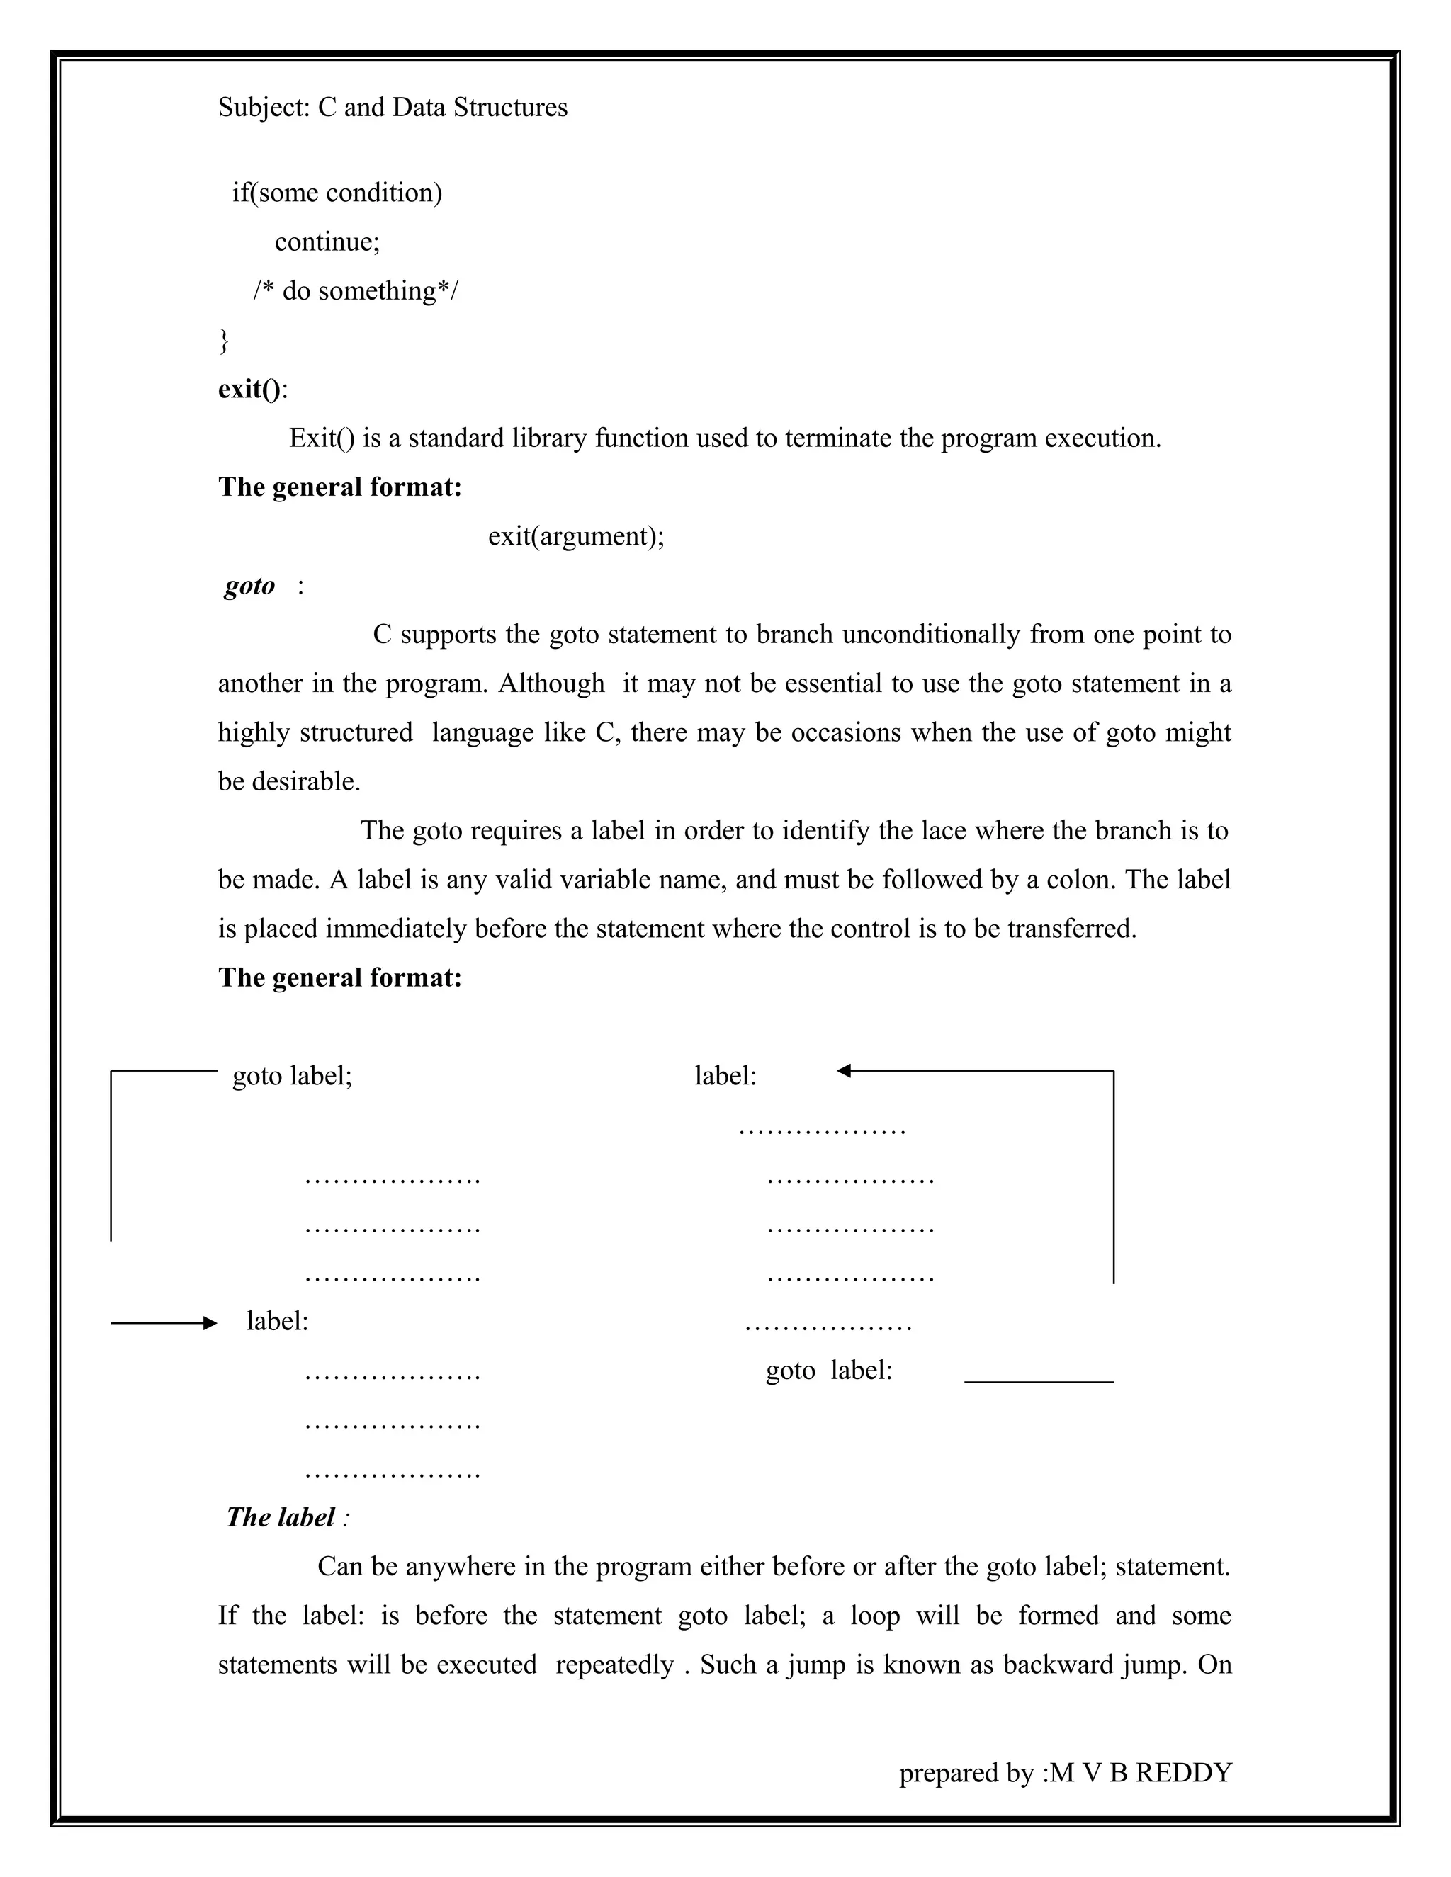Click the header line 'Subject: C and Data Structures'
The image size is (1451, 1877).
click(x=392, y=108)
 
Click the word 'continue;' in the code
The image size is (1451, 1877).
click(x=327, y=242)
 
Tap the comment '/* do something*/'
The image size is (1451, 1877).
click(x=356, y=291)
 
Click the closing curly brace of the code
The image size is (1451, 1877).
click(x=225, y=340)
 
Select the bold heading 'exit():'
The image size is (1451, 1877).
click(x=253, y=390)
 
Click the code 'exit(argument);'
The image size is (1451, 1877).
click(x=576, y=536)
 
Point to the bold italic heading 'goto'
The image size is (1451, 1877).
click(x=249, y=586)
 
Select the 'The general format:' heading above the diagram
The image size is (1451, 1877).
click(x=339, y=978)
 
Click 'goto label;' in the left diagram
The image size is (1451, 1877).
click(x=293, y=1076)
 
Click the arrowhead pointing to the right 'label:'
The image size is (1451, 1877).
click(x=844, y=1071)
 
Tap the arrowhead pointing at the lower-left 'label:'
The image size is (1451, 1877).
click(x=210, y=1324)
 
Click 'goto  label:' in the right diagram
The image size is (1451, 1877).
click(x=829, y=1370)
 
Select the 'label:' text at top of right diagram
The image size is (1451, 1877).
click(x=725, y=1076)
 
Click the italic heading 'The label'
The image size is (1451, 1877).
click(x=281, y=1517)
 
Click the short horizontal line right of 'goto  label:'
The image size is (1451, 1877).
click(x=1039, y=1382)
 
